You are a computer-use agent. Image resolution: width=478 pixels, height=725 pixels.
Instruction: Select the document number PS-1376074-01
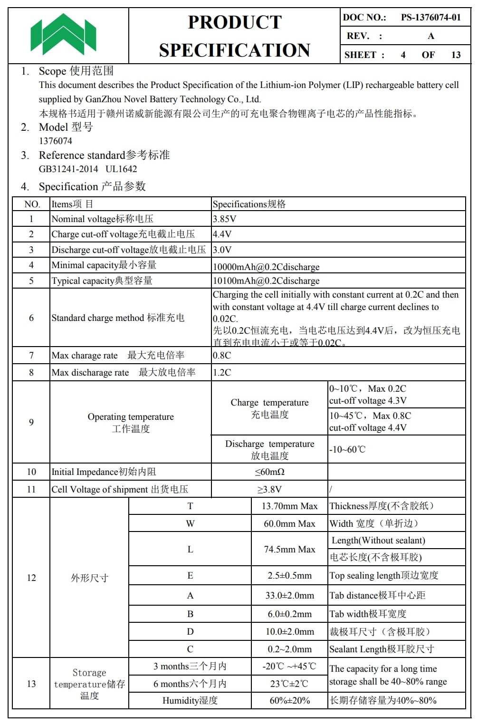(x=430, y=18)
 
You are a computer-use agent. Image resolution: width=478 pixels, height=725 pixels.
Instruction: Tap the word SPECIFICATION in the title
(x=234, y=50)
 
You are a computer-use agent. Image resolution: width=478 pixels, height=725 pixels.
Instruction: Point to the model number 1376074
(x=56, y=141)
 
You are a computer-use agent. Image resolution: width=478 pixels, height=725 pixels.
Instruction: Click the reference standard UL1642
(x=121, y=169)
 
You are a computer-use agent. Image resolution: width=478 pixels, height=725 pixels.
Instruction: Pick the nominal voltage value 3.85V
(x=224, y=219)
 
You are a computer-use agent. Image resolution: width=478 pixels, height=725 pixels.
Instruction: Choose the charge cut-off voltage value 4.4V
(x=222, y=234)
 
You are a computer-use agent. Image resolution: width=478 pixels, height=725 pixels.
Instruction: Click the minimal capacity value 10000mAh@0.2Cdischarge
(x=266, y=267)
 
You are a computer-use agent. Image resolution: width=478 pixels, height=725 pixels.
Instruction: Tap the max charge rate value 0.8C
(x=222, y=356)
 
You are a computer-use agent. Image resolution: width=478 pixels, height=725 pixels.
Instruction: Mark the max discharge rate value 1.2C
(x=222, y=373)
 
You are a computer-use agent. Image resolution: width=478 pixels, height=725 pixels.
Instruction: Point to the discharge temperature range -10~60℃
(x=347, y=450)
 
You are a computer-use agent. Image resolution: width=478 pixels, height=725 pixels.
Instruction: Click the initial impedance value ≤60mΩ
(x=269, y=472)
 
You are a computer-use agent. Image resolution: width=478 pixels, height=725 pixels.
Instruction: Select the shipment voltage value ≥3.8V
(x=269, y=490)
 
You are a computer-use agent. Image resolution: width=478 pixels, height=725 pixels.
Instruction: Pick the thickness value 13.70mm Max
(x=289, y=507)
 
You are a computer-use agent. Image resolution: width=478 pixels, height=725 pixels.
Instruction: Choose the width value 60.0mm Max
(x=289, y=524)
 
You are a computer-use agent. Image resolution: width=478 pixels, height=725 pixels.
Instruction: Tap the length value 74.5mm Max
(x=289, y=550)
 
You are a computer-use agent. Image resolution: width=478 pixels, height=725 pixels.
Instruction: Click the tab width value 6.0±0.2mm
(x=289, y=614)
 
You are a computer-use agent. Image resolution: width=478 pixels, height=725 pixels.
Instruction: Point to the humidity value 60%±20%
(x=289, y=701)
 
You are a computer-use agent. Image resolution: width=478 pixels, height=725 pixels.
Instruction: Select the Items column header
(x=72, y=204)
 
